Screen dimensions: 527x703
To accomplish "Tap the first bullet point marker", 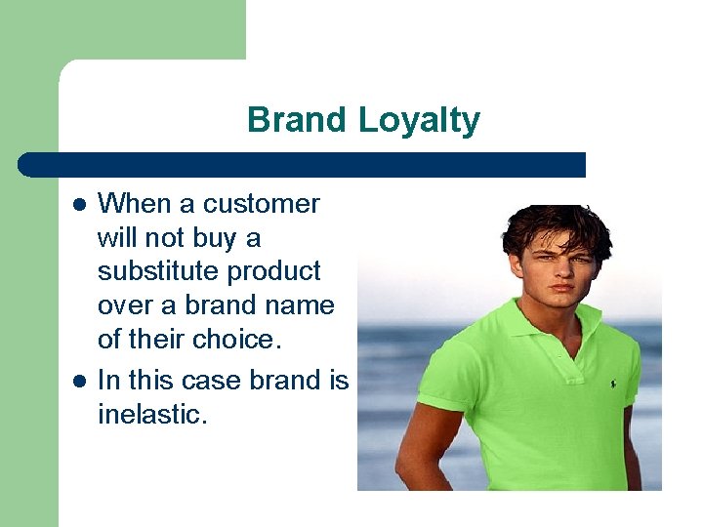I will click(x=80, y=205).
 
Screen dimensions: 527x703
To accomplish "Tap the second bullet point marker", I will click(x=80, y=382).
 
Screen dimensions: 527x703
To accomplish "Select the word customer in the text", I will click(x=261, y=204).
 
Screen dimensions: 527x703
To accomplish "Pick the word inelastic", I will click(x=152, y=415).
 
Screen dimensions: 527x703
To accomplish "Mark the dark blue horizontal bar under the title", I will click(x=303, y=165).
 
